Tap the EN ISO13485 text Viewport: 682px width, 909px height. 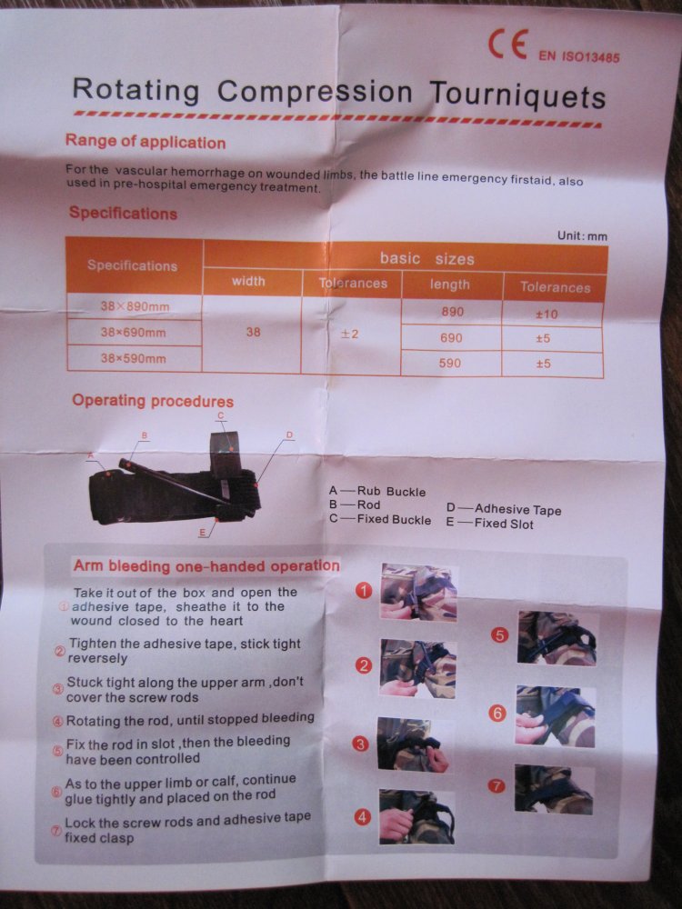coord(578,56)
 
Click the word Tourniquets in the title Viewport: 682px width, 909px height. coord(517,95)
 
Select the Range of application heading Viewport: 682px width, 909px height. coord(145,142)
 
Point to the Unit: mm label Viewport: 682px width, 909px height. coord(582,235)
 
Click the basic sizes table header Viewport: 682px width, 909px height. coord(426,258)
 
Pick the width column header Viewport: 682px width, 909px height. coord(248,281)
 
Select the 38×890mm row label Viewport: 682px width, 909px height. coord(135,305)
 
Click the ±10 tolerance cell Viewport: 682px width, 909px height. coord(547,315)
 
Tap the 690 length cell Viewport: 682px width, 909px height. coord(451,338)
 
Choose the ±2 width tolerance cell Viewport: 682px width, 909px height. coord(349,334)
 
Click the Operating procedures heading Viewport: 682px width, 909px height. coord(153,401)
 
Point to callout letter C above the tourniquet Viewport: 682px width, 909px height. coord(220,415)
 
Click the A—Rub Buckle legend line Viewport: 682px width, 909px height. coord(377,492)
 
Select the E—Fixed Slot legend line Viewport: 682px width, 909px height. coord(489,524)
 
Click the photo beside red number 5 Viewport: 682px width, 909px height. coord(557,638)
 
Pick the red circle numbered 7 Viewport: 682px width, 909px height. coord(496,786)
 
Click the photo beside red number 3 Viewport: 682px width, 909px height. coord(413,744)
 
